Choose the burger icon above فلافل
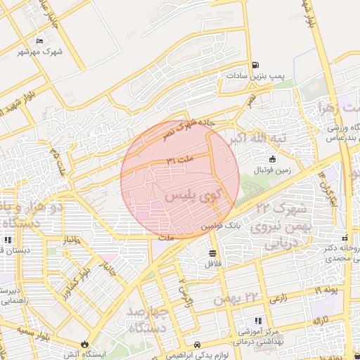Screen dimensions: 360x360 212,253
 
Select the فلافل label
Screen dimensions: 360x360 212,264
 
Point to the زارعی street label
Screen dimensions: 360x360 278,298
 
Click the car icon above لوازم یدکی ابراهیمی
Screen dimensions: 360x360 198,345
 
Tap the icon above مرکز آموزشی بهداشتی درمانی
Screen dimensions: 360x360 257,320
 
